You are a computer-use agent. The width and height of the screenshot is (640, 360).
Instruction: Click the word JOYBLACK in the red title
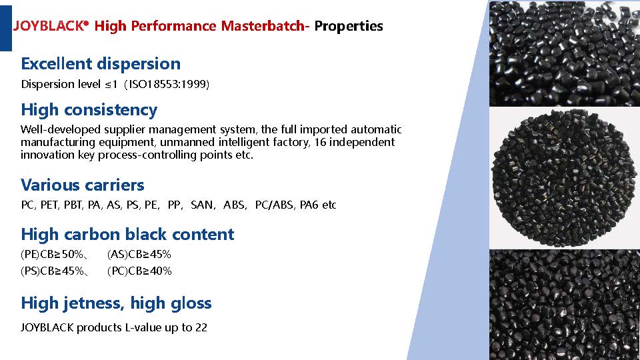[49, 26]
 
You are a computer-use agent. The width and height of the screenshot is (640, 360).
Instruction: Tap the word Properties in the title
[349, 26]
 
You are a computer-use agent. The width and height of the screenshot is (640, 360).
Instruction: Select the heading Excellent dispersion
[101, 64]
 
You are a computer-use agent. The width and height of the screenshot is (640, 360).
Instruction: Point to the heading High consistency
[89, 110]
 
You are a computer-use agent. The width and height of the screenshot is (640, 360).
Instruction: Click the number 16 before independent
[319, 142]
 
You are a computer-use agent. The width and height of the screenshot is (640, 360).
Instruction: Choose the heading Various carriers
[83, 185]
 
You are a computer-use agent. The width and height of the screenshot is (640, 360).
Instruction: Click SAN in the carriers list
[201, 205]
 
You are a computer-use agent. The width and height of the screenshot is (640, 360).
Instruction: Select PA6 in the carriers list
[309, 205]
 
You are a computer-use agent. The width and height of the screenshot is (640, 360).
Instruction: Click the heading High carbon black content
[128, 234]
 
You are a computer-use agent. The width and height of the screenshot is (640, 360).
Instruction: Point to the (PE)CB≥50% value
[52, 254]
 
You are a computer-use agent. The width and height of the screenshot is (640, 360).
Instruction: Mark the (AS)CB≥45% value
[139, 254]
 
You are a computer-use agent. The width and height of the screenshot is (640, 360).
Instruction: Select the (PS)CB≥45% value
[52, 271]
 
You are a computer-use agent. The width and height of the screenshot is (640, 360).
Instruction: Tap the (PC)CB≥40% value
[139, 271]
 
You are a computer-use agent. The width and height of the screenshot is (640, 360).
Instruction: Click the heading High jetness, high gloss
[116, 303]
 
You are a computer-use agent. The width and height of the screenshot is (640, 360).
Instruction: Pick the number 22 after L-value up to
[201, 327]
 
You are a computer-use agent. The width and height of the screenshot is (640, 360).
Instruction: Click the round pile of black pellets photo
[565, 177]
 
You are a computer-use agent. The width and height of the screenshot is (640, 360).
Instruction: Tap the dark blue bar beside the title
[6, 28]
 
